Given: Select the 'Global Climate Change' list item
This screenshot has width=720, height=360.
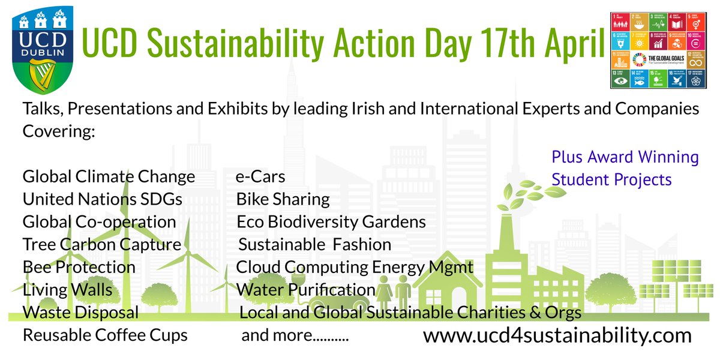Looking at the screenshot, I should [109, 177].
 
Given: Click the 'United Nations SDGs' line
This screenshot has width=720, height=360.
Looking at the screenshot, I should [102, 199].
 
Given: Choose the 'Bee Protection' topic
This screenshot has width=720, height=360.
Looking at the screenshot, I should [79, 267].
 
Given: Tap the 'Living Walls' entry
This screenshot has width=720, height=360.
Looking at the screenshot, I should [67, 290].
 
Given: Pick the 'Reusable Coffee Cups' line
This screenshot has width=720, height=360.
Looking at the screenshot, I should [105, 335].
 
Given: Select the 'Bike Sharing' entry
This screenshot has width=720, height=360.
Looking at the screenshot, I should [283, 199].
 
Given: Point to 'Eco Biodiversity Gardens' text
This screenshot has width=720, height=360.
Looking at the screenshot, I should [331, 222].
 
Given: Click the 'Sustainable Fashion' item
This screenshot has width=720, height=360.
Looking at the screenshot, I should [315, 245].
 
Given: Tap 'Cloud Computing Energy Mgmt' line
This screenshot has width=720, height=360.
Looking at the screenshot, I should [355, 267].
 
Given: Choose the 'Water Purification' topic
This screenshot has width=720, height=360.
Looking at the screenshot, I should [306, 290].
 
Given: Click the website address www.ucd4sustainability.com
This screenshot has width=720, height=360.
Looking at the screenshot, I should [557, 335].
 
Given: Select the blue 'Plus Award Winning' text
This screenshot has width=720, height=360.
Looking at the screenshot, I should [625, 158].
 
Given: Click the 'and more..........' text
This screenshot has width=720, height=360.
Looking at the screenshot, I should [295, 335].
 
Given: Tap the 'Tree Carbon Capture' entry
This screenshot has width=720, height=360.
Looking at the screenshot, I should [101, 245].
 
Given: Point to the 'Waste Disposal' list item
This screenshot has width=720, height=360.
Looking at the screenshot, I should [80, 313].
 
